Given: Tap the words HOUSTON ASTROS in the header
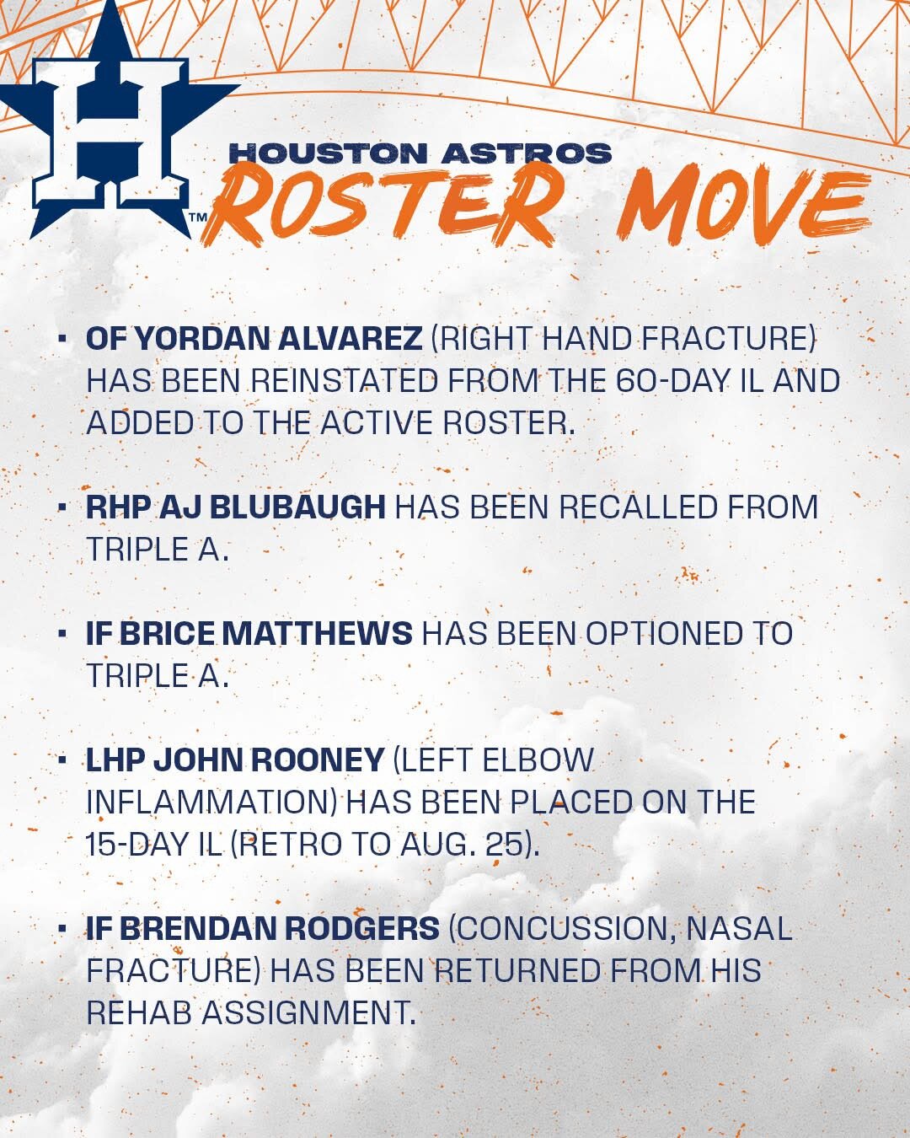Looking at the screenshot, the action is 420,153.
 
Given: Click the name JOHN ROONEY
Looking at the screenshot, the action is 269,760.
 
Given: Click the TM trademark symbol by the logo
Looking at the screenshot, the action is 198,217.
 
